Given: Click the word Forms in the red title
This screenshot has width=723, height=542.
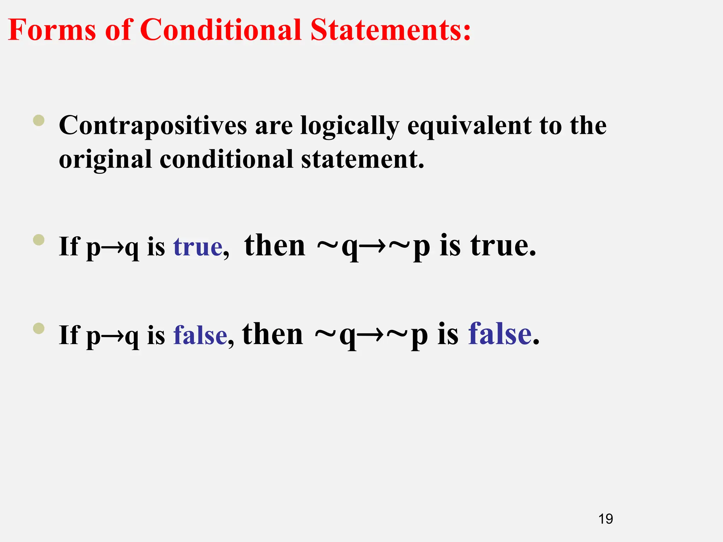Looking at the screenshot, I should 52,30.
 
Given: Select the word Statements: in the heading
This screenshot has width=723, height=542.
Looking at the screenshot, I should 390,30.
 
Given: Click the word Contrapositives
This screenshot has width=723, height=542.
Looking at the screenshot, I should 153,126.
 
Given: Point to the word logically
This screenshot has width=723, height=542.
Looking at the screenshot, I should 350,126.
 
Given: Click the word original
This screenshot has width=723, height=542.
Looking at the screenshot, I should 105,159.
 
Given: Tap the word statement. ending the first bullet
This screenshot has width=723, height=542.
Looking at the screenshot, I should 363,159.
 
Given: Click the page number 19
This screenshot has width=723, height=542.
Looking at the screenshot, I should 605,519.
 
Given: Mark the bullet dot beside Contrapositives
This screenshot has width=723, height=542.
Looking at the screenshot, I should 39,120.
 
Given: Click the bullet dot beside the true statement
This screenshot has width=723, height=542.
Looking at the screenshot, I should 39,240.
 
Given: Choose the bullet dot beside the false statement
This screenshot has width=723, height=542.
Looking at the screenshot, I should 39,329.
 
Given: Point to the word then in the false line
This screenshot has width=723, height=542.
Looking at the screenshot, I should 273,334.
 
